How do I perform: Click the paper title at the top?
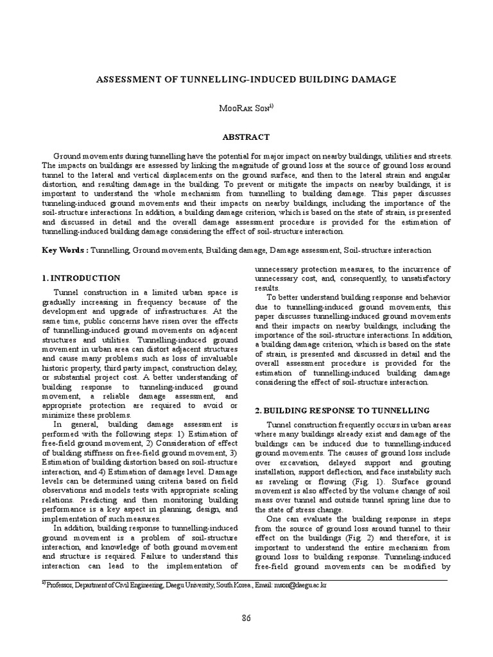coord(246,80)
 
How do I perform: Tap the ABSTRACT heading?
coord(246,137)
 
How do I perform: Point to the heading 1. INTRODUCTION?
coord(81,278)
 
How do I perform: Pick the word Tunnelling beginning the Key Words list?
coord(110,250)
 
